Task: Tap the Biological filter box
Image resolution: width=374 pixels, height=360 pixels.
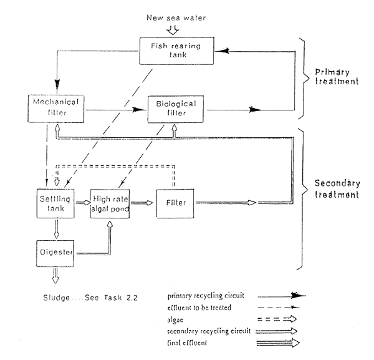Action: (172, 108)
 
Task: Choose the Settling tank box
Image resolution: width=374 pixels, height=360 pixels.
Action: (55, 203)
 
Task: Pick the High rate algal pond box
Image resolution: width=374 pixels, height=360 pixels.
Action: (110, 203)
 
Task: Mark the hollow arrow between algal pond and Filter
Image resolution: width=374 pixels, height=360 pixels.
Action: (143, 203)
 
